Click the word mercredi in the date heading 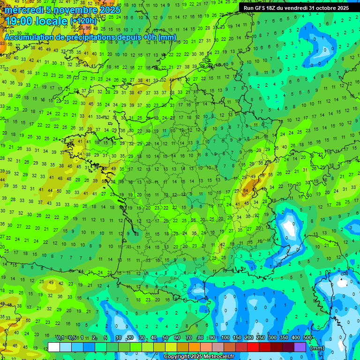click(23, 10)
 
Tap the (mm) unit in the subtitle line click(167, 37)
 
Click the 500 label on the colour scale click(307, 337)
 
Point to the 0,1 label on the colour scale click(60, 337)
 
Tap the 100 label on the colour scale click(225, 337)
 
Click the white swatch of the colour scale click(54, 347)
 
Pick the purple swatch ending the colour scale click(300, 347)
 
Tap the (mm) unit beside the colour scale click(318, 348)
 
